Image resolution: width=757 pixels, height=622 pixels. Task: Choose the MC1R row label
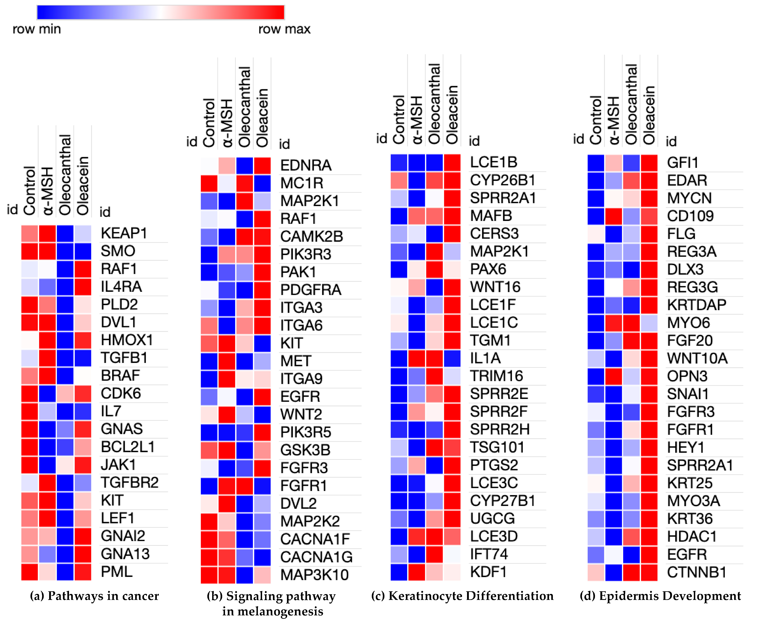click(302, 183)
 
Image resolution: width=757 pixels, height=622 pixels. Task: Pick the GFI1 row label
click(683, 163)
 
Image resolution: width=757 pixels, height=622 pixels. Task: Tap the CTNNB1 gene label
click(696, 572)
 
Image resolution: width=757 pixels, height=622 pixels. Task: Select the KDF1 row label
click(488, 572)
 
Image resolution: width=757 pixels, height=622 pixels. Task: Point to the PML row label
click(117, 571)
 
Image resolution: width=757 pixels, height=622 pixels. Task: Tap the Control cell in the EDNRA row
click(209, 166)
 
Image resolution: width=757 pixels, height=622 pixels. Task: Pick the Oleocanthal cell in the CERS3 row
click(435, 234)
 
